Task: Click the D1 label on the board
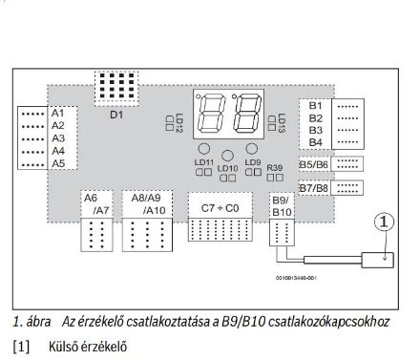pos(116,115)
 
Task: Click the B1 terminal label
pos(317,104)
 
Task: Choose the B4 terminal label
pos(317,142)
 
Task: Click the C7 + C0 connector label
pos(220,207)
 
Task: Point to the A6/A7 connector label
pos(96,203)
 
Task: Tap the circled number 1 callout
pos(384,222)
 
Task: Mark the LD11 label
pos(204,163)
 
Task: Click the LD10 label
pos(227,169)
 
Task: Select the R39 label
pos(276,168)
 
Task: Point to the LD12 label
pos(178,122)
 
